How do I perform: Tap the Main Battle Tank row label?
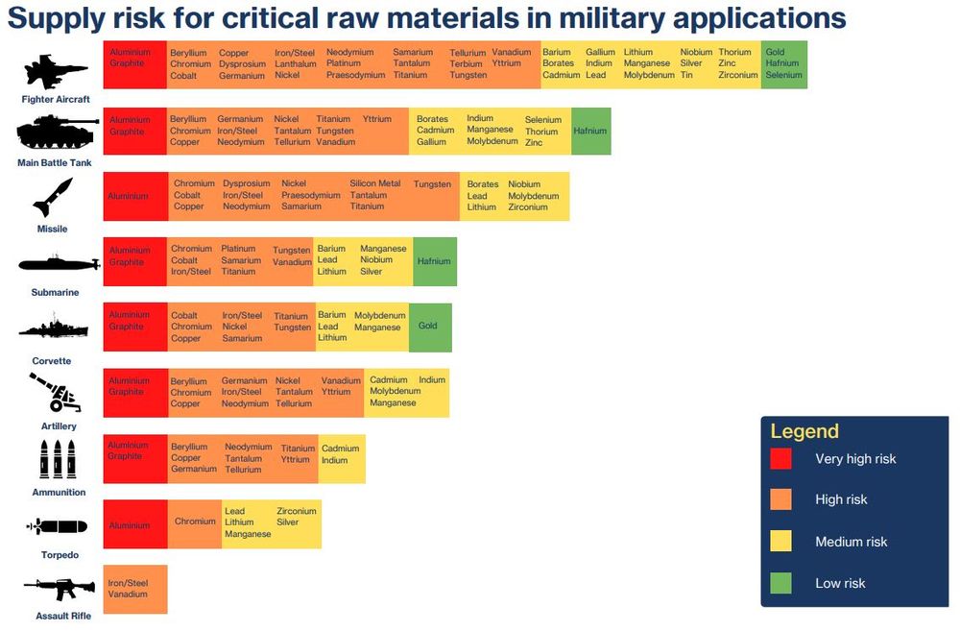pyautogui.click(x=55, y=163)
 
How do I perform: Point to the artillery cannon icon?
pyautogui.click(x=54, y=392)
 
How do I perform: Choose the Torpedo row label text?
pyautogui.click(x=60, y=555)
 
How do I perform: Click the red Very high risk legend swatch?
pyautogui.click(x=781, y=459)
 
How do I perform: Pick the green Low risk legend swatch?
pyautogui.click(x=781, y=583)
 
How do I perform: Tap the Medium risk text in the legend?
pyautogui.click(x=851, y=542)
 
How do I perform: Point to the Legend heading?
pyautogui.click(x=804, y=431)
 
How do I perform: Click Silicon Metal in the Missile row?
pyautogui.click(x=374, y=183)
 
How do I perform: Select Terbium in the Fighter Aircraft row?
pyautogui.click(x=466, y=64)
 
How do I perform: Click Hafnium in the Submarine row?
pyautogui.click(x=434, y=261)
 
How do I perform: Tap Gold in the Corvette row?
pyautogui.click(x=428, y=326)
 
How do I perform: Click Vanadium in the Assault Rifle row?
pyautogui.click(x=128, y=595)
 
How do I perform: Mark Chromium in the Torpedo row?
pyautogui.click(x=195, y=522)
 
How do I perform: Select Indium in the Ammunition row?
pyautogui.click(x=334, y=461)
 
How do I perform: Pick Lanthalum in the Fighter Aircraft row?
pyautogui.click(x=295, y=64)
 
